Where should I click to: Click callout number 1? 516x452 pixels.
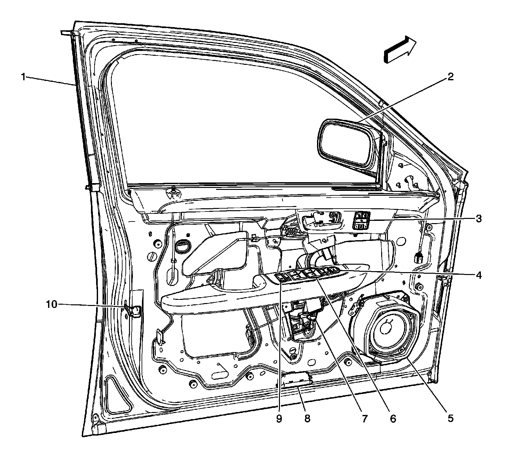coord(23,77)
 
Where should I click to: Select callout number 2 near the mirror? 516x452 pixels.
coord(450,77)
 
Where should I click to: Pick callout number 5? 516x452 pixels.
coord(450,419)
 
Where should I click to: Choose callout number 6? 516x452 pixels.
coord(392,419)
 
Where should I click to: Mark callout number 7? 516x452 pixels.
coord(364,419)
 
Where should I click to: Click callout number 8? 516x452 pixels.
coord(307,419)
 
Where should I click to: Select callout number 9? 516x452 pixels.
coord(279,419)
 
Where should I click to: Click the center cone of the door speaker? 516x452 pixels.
coord(386,329)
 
